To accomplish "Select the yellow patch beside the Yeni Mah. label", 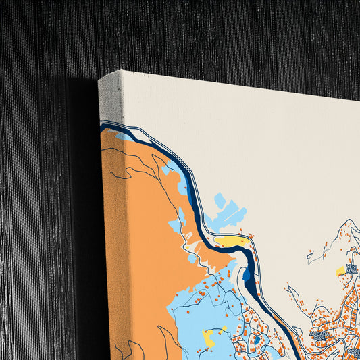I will coord(341,272).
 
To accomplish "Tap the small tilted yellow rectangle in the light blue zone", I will coord(222,329).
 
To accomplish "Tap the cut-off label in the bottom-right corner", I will coord(352,352).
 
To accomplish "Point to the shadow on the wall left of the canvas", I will coord(84,203).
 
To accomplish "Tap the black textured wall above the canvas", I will coord(203,34).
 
